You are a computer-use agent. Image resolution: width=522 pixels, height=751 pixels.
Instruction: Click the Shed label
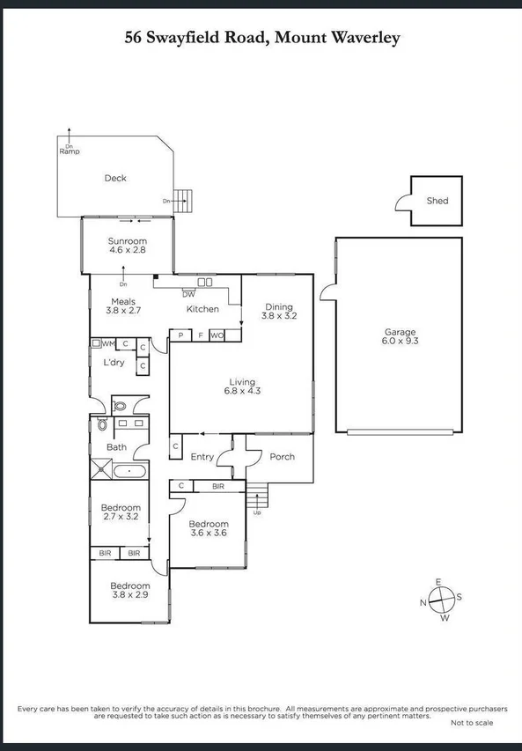(x=437, y=201)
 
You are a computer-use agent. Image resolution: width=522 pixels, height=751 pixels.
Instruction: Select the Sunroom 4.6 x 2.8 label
(x=128, y=246)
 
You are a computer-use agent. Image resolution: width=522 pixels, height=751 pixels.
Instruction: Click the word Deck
(x=115, y=178)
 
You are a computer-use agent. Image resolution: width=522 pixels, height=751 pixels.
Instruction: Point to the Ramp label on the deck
(x=70, y=151)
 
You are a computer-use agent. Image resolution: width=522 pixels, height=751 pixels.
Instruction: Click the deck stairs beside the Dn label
(x=182, y=200)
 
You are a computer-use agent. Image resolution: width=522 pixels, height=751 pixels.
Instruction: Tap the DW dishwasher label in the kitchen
(x=188, y=294)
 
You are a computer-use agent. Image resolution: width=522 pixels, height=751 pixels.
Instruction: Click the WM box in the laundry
(x=108, y=344)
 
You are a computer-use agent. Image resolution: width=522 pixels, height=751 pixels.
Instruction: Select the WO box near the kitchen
(x=217, y=335)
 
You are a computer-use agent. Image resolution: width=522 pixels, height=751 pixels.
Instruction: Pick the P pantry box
(x=180, y=335)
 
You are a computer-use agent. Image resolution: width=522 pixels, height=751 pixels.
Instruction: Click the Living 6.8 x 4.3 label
(x=241, y=385)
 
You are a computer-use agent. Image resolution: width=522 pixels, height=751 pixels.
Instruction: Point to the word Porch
(x=282, y=457)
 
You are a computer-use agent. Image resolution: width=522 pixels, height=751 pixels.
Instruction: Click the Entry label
(x=202, y=457)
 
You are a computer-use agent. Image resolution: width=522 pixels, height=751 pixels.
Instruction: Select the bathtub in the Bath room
(x=129, y=471)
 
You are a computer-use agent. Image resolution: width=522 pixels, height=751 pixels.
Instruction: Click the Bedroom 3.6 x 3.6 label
(x=209, y=529)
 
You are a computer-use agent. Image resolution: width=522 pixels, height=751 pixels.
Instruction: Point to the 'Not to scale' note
(x=472, y=723)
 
